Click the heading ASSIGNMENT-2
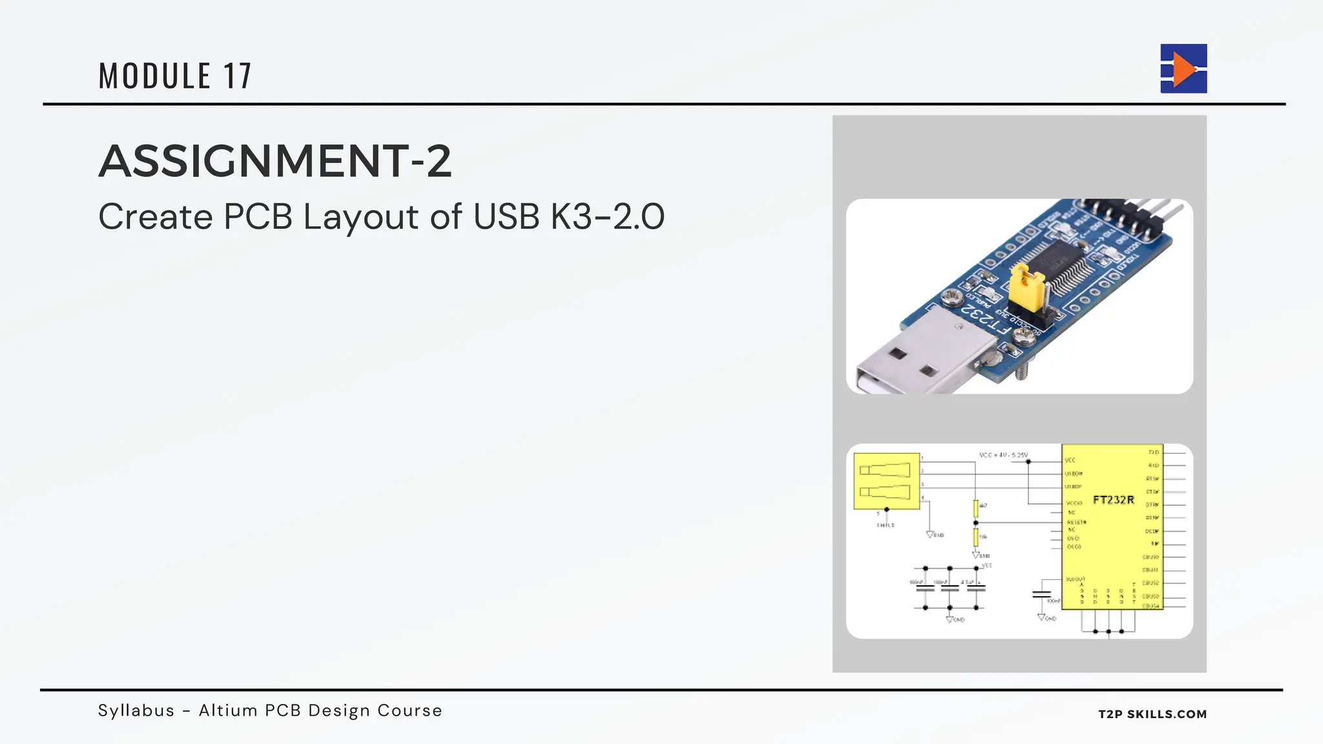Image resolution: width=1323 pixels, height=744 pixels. [275, 161]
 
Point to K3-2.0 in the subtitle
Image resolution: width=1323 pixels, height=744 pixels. [607, 216]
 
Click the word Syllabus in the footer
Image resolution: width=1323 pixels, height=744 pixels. [136, 710]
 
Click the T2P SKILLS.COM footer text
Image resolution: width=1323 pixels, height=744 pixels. [1152, 714]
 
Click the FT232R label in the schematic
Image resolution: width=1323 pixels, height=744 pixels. [1113, 500]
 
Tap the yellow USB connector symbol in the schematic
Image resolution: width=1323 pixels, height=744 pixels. [886, 481]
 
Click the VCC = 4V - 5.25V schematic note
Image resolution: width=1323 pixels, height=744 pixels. [1003, 455]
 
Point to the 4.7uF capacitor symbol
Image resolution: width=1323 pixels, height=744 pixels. [975, 588]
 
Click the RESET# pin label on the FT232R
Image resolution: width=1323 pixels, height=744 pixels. [1076, 522]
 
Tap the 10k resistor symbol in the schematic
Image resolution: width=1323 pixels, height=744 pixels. [975, 537]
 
